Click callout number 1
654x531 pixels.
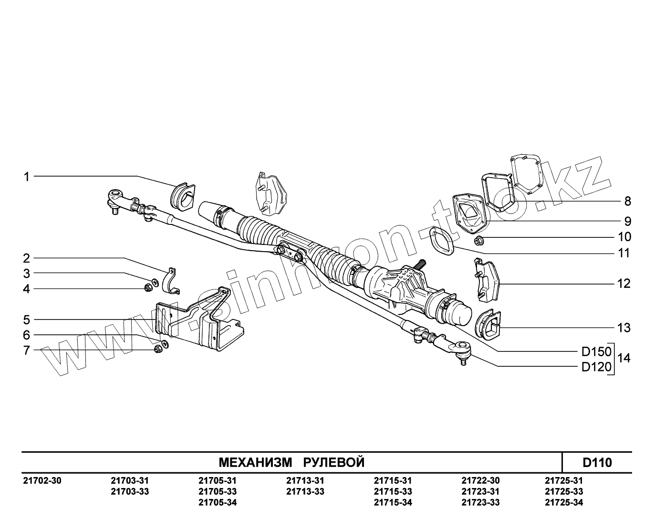point(27,177)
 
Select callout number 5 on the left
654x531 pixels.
point(27,319)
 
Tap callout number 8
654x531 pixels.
point(627,201)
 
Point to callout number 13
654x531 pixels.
point(623,328)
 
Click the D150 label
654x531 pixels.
point(596,352)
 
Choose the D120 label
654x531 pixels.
point(596,367)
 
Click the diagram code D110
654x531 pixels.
point(597,462)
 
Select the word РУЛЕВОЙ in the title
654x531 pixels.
point(334,462)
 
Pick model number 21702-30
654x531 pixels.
point(42,480)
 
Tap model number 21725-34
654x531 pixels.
point(563,502)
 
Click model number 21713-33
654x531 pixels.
point(305,491)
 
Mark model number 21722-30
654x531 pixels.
point(480,480)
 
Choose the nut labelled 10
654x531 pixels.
point(479,240)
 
